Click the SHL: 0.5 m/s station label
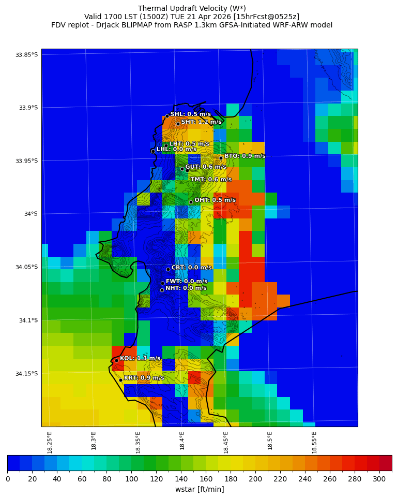[x=190, y=114]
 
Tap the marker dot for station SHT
[x=178, y=124]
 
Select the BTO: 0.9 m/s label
[x=245, y=156]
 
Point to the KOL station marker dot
[x=117, y=360]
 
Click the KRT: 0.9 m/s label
[x=144, y=378]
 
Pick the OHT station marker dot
[x=191, y=202]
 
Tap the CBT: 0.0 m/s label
[x=191, y=268]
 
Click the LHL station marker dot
[x=153, y=151]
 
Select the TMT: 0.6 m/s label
[x=211, y=180]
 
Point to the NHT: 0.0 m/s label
[x=186, y=288]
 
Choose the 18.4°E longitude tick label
[x=182, y=441]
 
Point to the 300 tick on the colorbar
[x=379, y=479]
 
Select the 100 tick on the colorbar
[x=131, y=479]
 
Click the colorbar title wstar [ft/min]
[x=200, y=489]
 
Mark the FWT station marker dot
[x=162, y=283]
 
